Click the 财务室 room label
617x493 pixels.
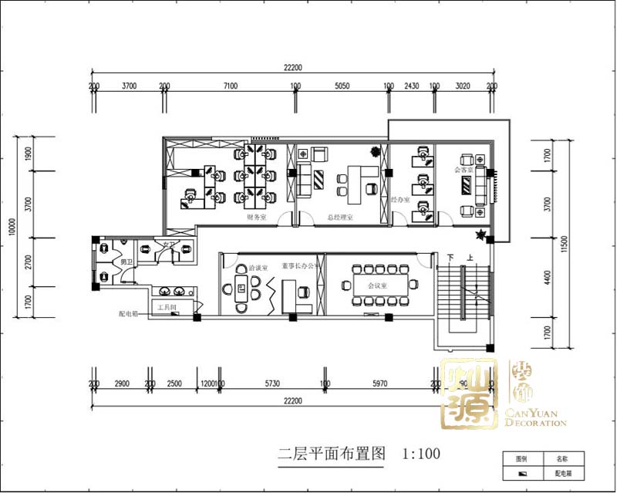[x=256, y=218]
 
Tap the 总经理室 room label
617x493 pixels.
[x=339, y=218]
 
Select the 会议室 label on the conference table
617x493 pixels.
[x=377, y=285]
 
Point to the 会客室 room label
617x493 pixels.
[x=463, y=170]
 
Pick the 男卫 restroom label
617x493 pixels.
[x=126, y=262]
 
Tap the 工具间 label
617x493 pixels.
[x=167, y=307]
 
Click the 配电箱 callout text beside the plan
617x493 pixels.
[x=128, y=314]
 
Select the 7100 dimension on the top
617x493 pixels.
[x=230, y=86]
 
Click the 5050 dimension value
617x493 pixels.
[x=343, y=86]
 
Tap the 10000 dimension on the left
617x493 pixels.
[x=12, y=228]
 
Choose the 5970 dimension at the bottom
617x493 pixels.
[x=378, y=383]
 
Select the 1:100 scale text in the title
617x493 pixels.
[x=421, y=454]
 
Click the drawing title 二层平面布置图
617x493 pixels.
[x=332, y=454]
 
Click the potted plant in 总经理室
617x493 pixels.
[x=376, y=150]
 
